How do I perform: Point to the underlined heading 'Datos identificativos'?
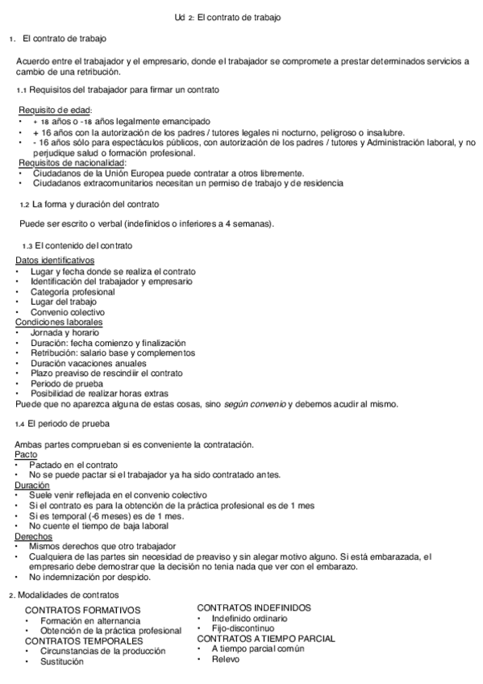coord(55,261)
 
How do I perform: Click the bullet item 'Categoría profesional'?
coord(73,292)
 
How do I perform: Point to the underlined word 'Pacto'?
coord(27,455)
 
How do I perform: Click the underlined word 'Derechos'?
coord(34,536)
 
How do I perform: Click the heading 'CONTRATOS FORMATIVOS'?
coord(83,611)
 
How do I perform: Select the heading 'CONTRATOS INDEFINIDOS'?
coord(254,607)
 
